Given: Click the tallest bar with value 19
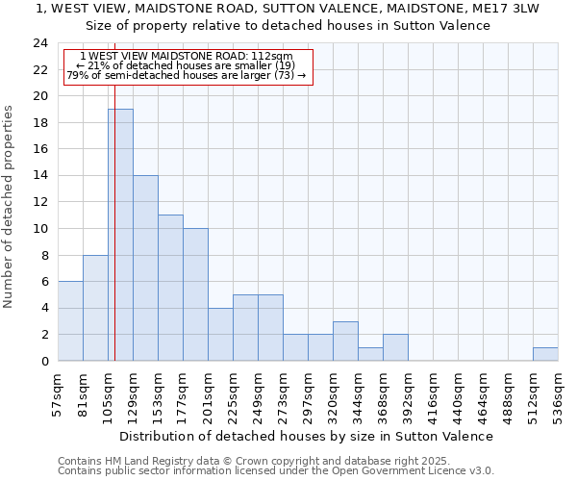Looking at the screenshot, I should (x=120, y=235).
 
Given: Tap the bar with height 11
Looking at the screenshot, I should (x=170, y=288).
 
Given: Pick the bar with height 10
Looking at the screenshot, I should (x=195, y=294).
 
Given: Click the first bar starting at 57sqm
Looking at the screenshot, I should (x=70, y=321).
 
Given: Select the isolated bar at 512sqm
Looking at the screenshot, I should (x=545, y=354).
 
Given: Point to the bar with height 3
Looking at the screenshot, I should (x=345, y=341).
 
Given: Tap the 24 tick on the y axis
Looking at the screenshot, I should (x=40, y=43).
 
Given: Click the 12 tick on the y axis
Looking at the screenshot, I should (x=40, y=202).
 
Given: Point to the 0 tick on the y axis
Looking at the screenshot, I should (x=44, y=361).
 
